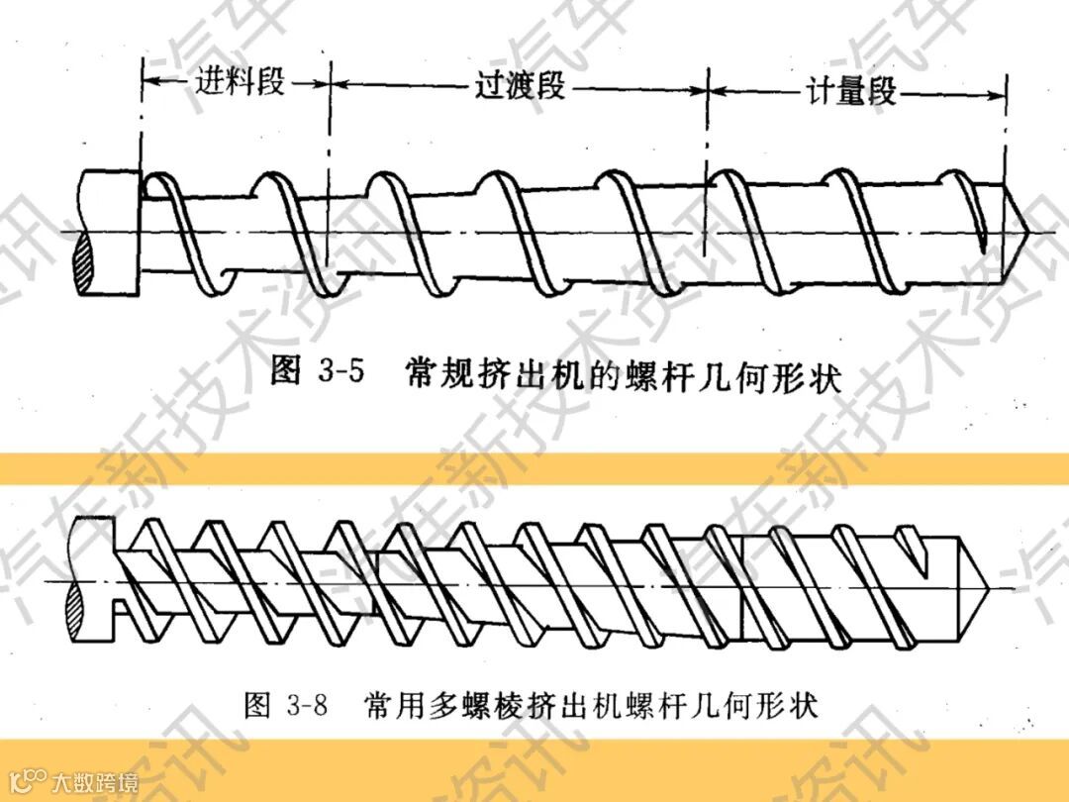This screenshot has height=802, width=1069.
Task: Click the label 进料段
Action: coord(239,82)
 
